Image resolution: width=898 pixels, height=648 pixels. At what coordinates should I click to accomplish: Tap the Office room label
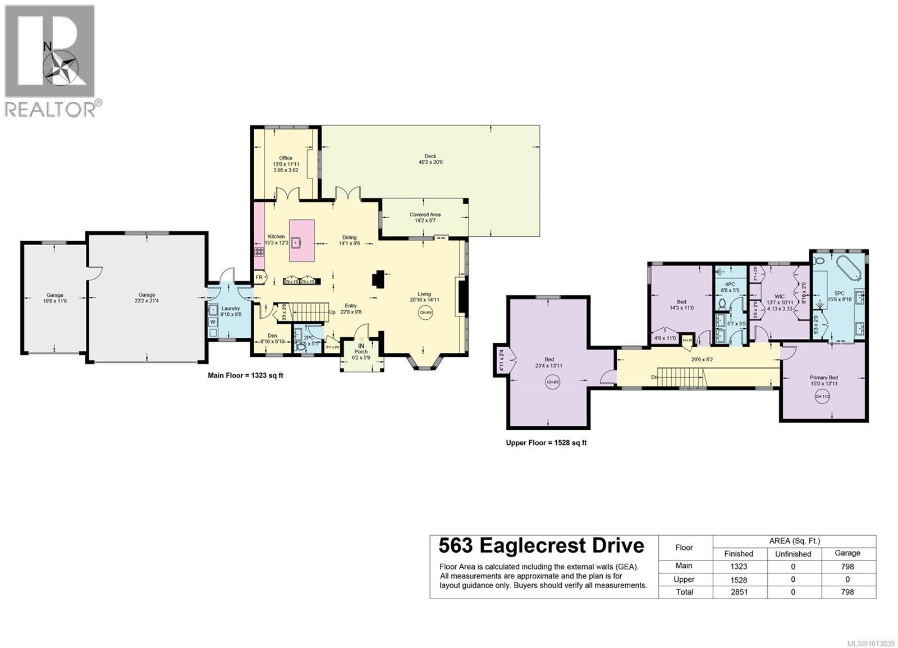coord(286,158)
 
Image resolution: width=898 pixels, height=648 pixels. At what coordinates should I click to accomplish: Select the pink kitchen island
coord(301,241)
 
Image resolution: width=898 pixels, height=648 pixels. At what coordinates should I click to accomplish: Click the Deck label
coord(430,157)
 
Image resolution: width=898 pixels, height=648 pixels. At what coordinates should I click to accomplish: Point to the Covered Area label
coord(425,214)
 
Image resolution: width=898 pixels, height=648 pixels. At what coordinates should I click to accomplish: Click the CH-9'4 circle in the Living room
coord(425,313)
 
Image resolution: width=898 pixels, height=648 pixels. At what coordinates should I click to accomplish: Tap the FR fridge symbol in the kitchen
coord(259,277)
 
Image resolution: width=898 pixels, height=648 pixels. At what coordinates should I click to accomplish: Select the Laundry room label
coord(231,308)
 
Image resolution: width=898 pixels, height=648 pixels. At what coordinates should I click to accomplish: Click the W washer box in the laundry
coord(213,322)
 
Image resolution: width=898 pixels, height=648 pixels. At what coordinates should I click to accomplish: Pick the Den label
coord(272,336)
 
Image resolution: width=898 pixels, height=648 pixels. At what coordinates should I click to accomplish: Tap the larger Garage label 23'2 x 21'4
coord(147,295)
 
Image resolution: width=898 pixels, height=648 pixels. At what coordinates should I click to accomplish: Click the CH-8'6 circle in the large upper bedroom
coord(553,383)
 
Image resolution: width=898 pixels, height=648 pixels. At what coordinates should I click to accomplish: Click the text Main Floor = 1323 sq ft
coord(245,375)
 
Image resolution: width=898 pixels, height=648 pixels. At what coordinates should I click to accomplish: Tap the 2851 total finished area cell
coord(739,592)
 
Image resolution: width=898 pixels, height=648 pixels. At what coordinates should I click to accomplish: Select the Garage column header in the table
coord(847,553)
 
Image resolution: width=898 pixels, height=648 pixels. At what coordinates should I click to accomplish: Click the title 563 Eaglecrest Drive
coord(541,546)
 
